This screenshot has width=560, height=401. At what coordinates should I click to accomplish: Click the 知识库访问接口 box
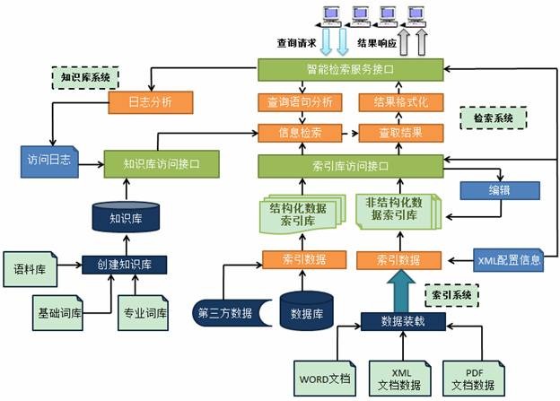pyautogui.click(x=161, y=164)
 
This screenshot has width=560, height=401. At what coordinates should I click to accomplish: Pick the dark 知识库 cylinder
pyautogui.click(x=125, y=216)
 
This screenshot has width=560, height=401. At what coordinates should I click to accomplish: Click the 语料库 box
pyautogui.click(x=30, y=267)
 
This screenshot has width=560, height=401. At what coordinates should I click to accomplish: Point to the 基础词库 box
pyautogui.click(x=57, y=315)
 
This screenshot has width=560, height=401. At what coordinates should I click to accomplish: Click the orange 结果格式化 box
pyautogui.click(x=401, y=101)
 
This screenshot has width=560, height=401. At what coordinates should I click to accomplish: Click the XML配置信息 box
pyautogui.click(x=509, y=260)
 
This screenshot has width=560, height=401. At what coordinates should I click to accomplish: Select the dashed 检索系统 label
pyautogui.click(x=493, y=117)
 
